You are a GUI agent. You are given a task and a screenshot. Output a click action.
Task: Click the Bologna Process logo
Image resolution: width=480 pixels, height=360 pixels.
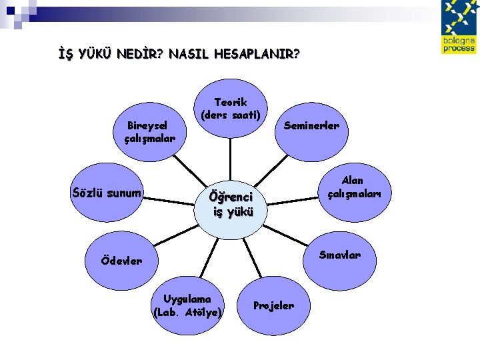pos(459,27)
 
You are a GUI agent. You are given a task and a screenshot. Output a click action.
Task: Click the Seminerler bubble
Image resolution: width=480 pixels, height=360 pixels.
pos(311,125)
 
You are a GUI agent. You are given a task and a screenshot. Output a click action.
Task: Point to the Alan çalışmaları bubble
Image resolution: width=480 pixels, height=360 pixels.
pos(352,187)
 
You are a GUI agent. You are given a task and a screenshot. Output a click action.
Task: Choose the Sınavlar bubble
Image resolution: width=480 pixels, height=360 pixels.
pos(339,255)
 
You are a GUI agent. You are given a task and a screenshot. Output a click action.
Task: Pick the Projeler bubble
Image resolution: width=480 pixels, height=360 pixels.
pos(273,305)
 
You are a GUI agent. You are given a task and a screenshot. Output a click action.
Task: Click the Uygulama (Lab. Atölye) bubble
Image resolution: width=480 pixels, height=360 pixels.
pos(187,305)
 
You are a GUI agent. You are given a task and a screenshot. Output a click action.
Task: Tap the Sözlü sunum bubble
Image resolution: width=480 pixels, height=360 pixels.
pos(107,194)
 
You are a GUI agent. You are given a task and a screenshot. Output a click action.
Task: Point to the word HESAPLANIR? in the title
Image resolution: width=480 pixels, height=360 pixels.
pos(257,54)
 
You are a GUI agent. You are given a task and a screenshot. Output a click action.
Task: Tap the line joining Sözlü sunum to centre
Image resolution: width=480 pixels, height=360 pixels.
pos(170,197)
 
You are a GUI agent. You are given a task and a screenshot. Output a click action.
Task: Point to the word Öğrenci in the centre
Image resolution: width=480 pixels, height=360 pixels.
pos(231,197)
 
